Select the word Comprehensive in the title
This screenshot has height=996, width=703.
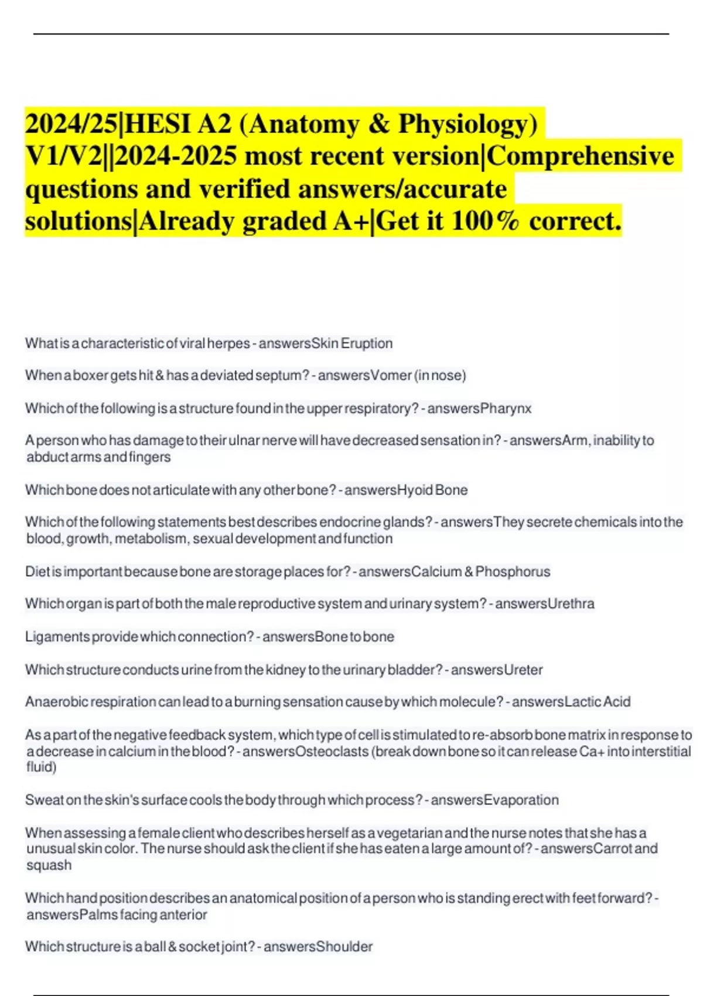tap(581, 156)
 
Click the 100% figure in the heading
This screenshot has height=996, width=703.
tap(486, 221)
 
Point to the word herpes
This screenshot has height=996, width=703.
tap(228, 343)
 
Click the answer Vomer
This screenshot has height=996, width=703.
tap(391, 376)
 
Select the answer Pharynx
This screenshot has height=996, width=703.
tap(506, 408)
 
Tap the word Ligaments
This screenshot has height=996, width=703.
tap(57, 637)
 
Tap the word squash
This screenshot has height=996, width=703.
tap(49, 865)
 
